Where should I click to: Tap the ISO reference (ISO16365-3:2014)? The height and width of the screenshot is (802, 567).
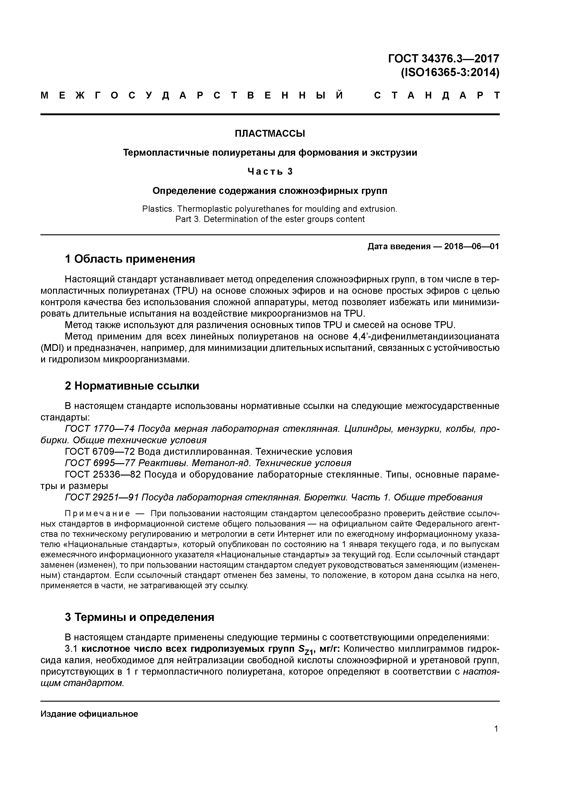point(450,73)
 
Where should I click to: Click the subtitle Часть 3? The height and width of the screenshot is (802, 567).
point(270,171)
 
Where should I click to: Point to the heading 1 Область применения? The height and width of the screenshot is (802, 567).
point(130,259)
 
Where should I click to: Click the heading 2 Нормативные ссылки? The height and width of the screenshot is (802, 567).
point(132,386)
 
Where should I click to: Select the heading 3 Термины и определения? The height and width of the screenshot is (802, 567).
point(139,617)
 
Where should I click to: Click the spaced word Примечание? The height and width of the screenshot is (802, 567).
point(97,513)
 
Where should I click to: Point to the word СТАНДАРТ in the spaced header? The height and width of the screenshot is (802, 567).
point(437,95)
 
